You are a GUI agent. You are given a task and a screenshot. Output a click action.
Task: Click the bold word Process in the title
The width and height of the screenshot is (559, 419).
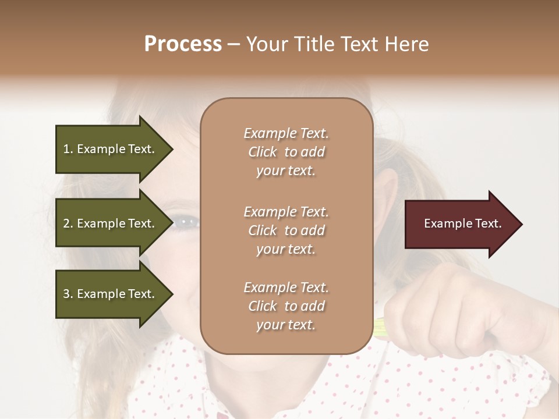point(183,44)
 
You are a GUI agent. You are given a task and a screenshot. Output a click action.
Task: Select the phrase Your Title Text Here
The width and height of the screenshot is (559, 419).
point(337,44)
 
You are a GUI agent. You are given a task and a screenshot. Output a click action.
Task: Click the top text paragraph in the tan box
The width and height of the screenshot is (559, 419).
point(286,152)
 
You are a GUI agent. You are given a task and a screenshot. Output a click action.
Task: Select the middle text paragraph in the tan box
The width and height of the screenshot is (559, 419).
point(286,230)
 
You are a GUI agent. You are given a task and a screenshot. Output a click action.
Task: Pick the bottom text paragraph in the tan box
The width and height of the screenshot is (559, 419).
point(286,306)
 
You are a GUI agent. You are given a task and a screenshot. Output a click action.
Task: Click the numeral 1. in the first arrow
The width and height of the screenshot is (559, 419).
point(68,149)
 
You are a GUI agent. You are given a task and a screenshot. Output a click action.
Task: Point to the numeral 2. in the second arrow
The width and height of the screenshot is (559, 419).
point(68,223)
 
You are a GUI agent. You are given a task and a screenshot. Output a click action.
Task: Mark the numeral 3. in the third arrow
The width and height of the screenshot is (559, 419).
point(68,294)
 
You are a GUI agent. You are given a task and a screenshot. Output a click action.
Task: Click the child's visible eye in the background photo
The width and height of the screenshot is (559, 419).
point(186,221)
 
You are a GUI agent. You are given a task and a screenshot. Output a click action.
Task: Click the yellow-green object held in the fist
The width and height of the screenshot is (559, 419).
point(382,328)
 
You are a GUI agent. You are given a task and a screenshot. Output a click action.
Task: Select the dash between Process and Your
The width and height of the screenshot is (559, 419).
point(233,45)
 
